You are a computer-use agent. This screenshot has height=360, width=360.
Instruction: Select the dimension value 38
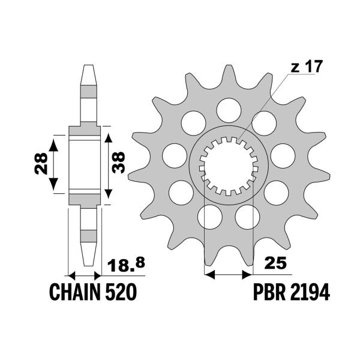(119, 161)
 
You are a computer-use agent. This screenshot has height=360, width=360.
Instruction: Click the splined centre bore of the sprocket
(227, 165)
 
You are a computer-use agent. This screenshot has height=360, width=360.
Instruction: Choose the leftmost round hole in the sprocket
(172, 155)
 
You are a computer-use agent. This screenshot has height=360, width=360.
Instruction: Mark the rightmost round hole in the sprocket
(281, 155)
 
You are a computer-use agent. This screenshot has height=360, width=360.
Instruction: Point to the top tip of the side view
(88, 67)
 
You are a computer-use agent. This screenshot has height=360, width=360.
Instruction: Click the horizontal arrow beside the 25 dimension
(227, 275)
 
